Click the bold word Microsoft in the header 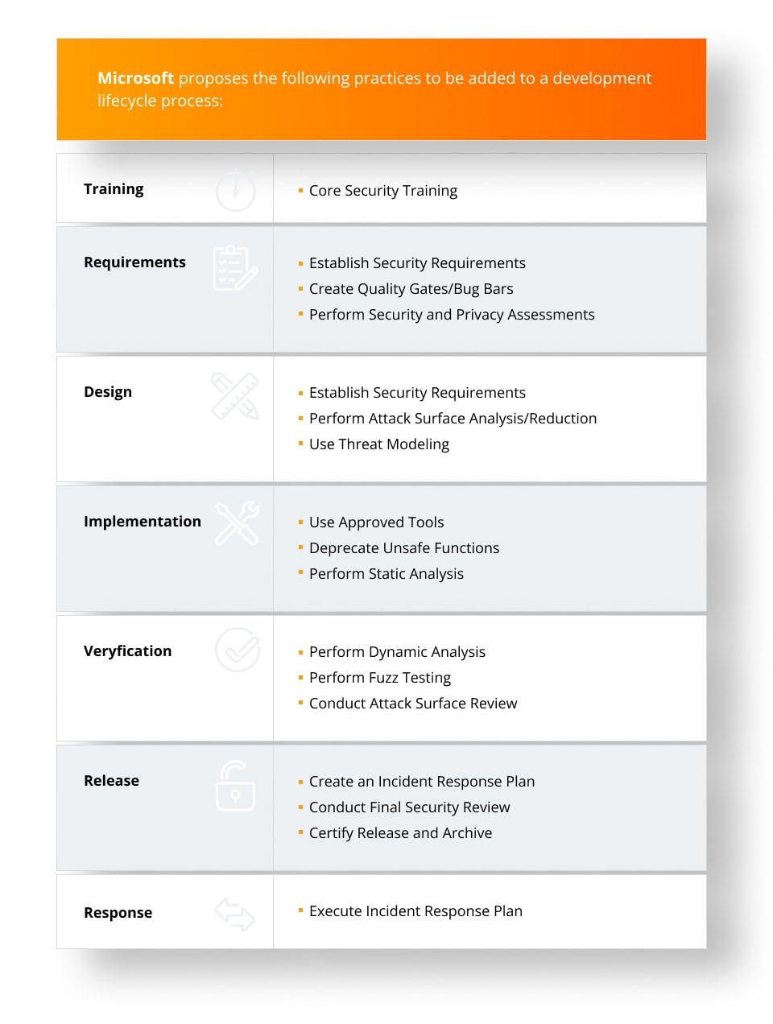(x=135, y=78)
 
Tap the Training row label (x=114, y=189)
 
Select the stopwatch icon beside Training (x=235, y=191)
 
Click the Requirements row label (x=134, y=262)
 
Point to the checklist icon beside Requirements (x=235, y=268)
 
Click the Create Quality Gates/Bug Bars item (x=411, y=289)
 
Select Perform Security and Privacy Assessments (x=451, y=315)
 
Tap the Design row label (x=108, y=392)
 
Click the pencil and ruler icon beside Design (x=235, y=396)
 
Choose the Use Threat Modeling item (x=378, y=444)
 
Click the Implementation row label (x=143, y=522)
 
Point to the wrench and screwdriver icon (x=237, y=523)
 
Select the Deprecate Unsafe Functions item (x=403, y=548)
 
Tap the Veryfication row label (x=127, y=651)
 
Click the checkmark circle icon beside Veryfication (x=238, y=650)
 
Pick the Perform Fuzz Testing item (x=379, y=678)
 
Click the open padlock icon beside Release (x=235, y=787)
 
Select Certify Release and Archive (x=400, y=833)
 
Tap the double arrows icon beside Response (x=234, y=915)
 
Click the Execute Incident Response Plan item (x=415, y=911)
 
